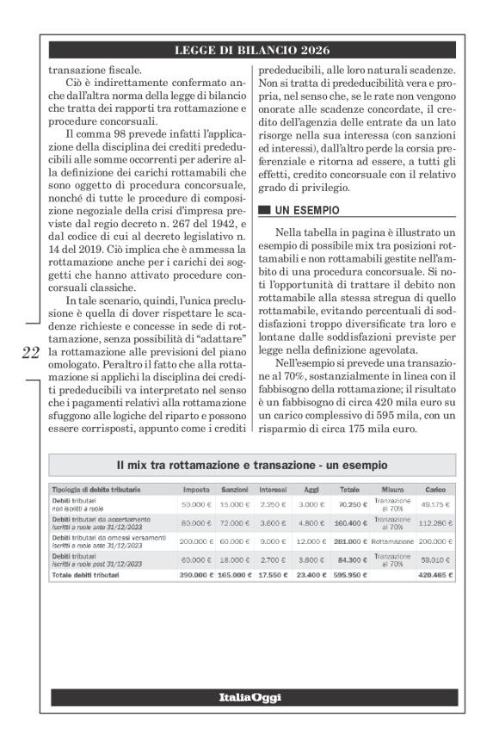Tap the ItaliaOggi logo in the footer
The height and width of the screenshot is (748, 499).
pos(249,696)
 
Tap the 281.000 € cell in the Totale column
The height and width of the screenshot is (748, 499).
pos(351,541)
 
